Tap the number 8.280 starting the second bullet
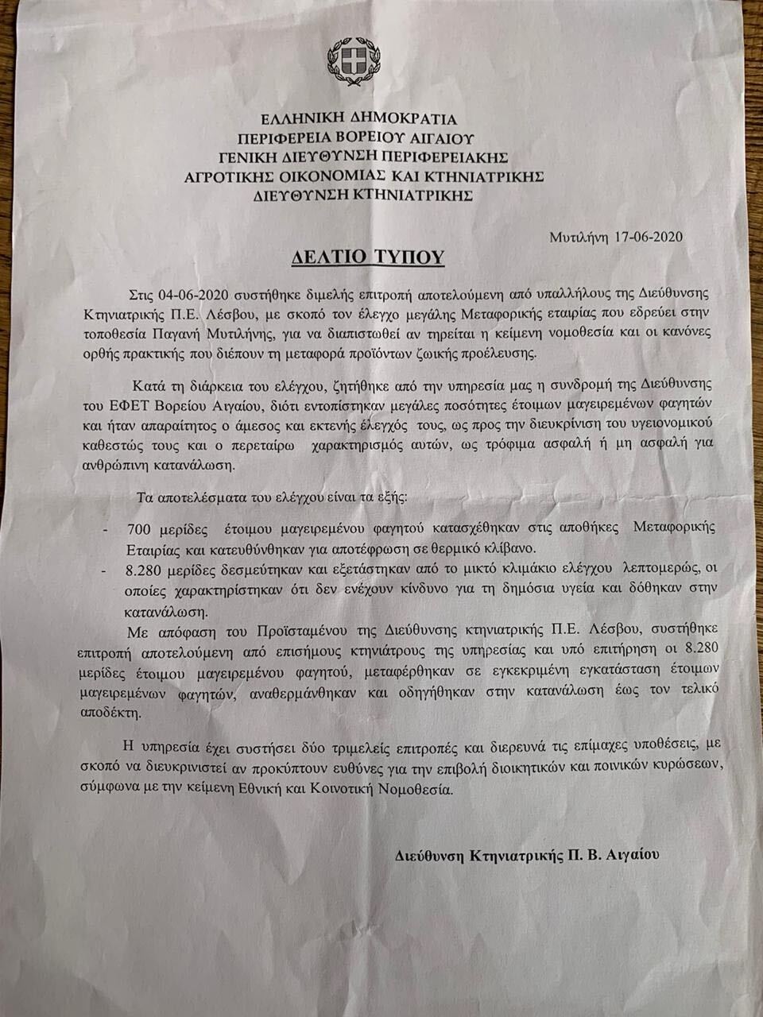(145, 570)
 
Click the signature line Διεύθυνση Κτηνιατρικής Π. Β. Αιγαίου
(526, 854)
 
